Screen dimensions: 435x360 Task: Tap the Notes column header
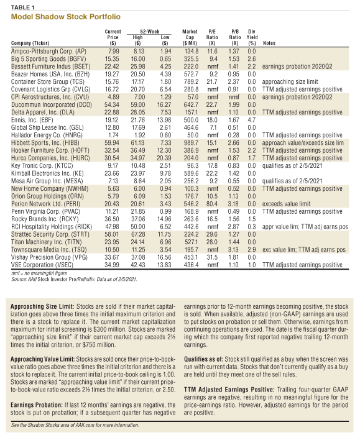click(x=270, y=43)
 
